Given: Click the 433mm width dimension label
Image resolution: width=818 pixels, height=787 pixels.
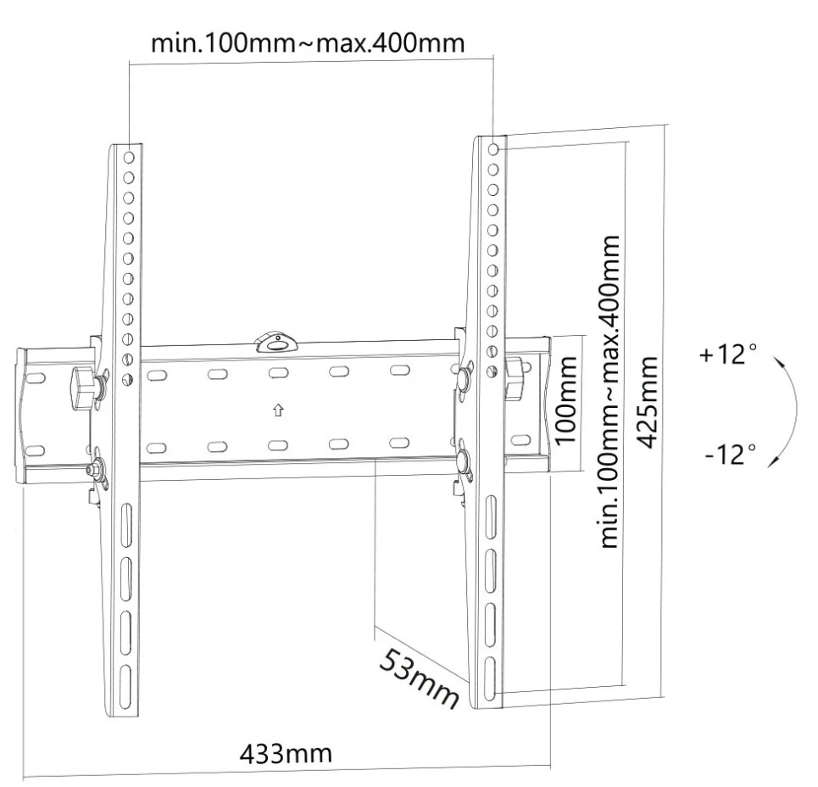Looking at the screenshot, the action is pos(286,754).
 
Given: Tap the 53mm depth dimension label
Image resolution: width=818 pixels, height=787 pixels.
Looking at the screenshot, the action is pos(420,678).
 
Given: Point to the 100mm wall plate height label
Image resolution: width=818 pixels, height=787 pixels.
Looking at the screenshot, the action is pos(566,400).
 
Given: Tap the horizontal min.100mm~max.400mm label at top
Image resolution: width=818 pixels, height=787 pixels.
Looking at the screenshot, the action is pos(308,42).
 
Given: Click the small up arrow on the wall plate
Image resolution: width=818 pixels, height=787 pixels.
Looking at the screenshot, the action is pos(278,410).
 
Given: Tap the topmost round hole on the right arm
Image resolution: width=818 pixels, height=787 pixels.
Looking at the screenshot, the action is pos(493,150).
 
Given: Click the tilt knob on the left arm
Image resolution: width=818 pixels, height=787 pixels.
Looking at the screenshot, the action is pos(82,388).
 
